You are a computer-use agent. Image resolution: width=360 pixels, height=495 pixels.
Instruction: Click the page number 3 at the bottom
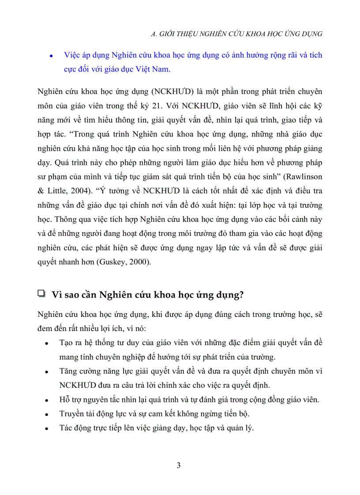tap(178, 465)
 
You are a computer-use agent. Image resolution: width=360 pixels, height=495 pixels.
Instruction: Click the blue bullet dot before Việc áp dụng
tap(51, 56)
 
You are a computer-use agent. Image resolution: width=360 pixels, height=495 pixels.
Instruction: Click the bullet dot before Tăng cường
tap(47, 372)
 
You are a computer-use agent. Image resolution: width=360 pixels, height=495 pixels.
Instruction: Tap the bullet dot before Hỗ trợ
tap(47, 400)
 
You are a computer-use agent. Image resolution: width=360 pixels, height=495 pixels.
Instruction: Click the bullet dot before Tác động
tap(47, 428)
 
